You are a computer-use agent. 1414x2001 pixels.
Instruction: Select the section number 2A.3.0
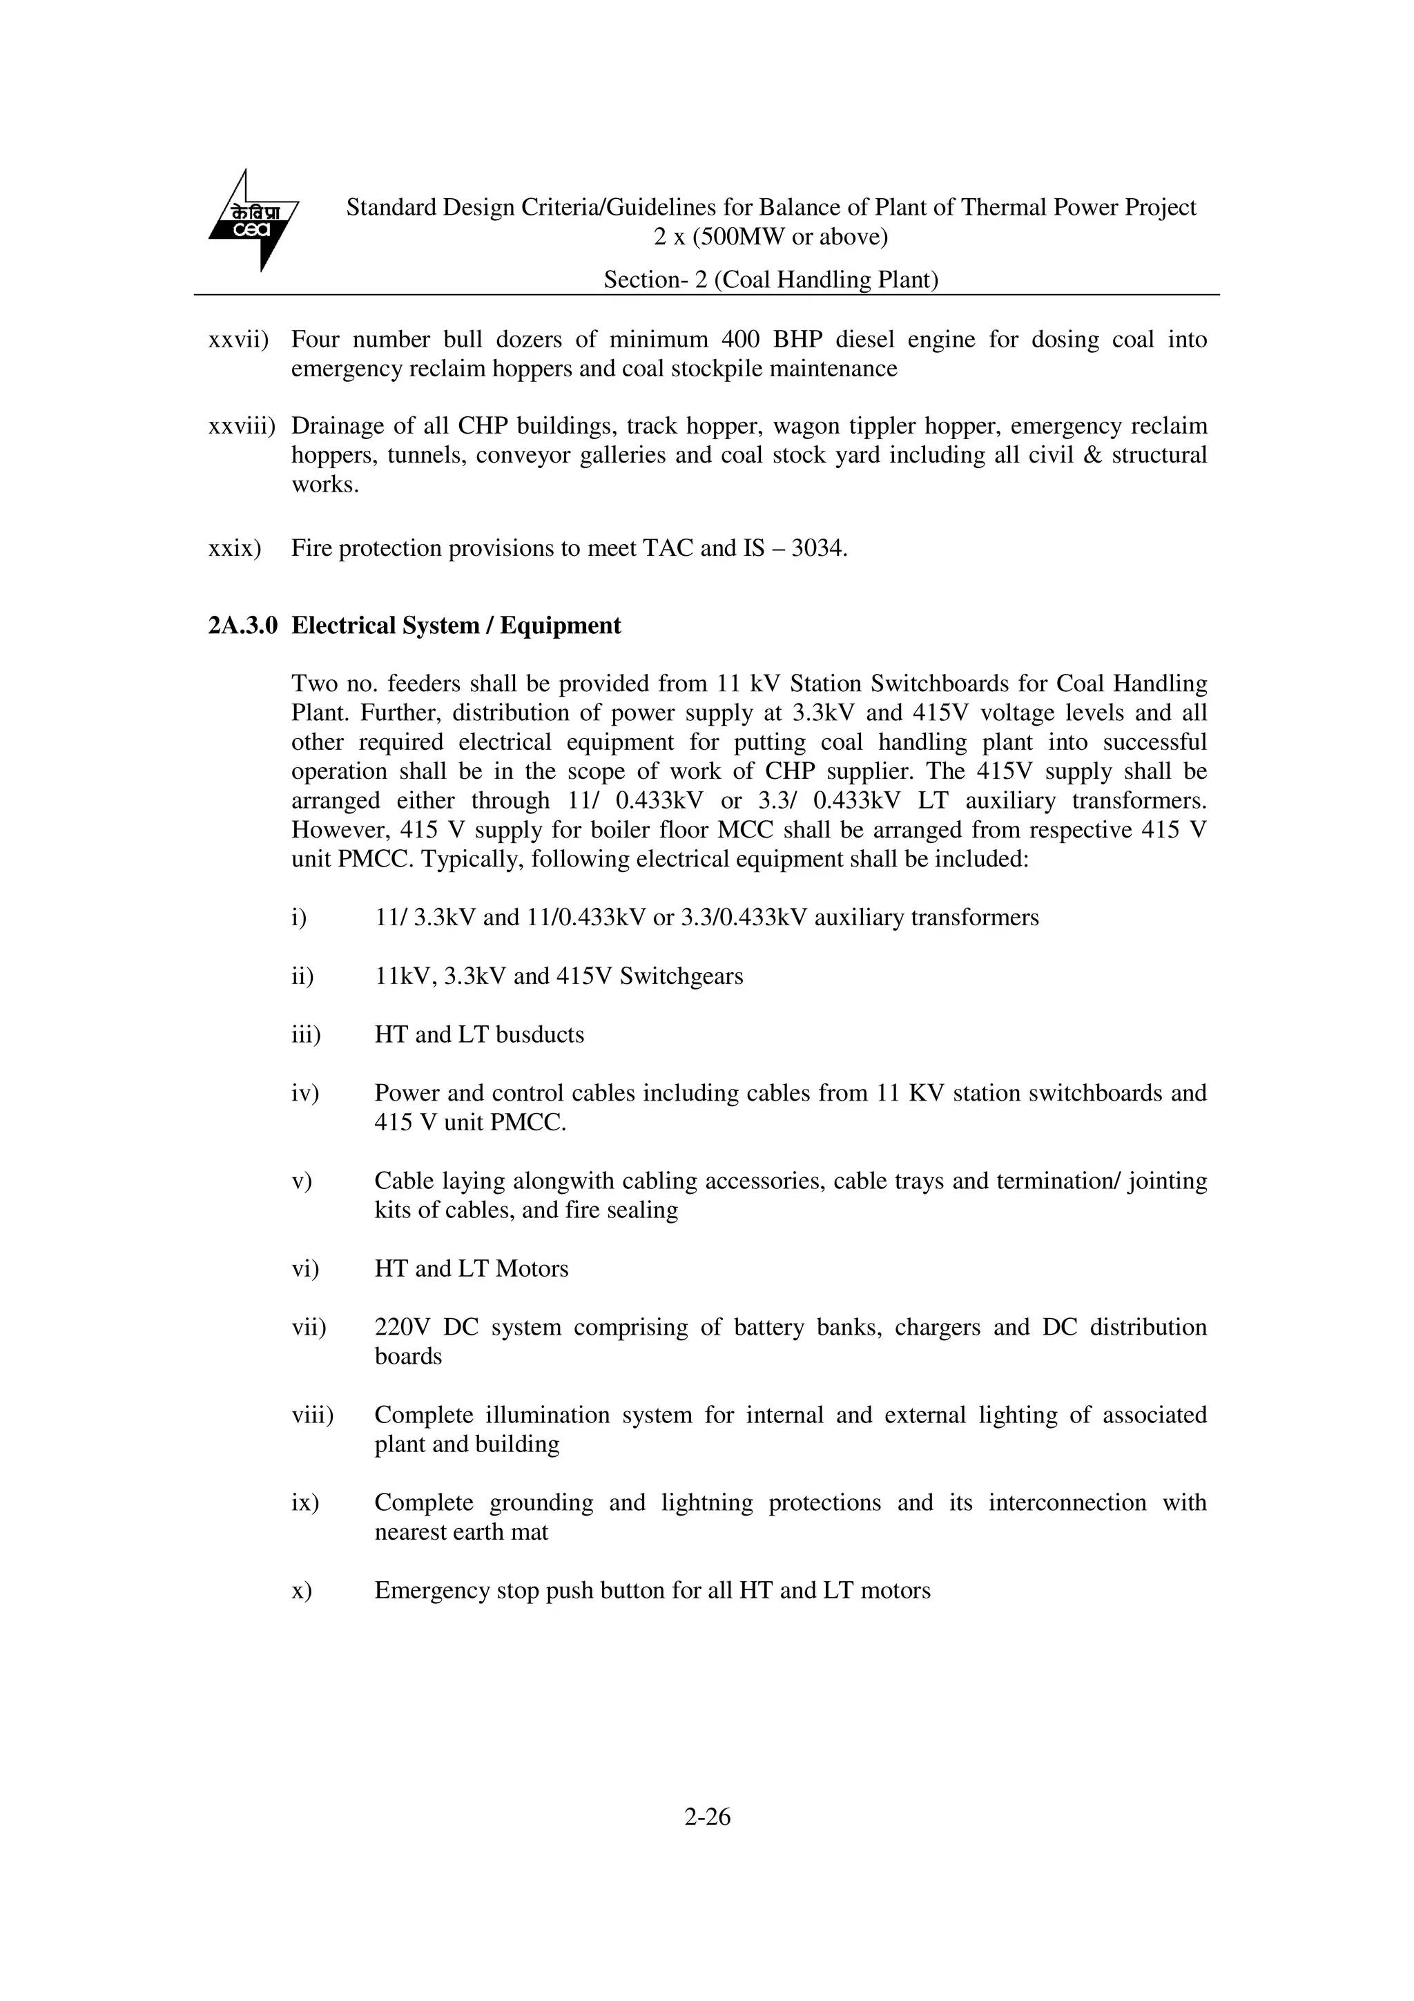pos(242,626)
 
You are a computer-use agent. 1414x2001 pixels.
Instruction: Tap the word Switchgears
pos(681,976)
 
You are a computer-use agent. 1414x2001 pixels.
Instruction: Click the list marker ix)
pos(305,1502)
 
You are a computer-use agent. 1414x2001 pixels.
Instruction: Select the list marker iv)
pos(305,1093)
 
